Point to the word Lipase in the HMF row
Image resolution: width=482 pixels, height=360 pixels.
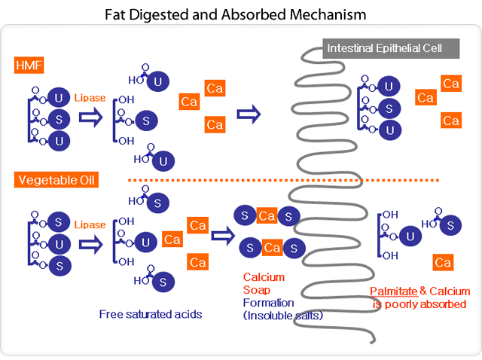click(90, 97)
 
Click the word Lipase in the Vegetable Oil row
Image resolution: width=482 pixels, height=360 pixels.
click(90, 224)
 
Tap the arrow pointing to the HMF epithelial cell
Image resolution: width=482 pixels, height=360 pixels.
click(248, 114)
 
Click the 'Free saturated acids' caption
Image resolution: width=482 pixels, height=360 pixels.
click(151, 314)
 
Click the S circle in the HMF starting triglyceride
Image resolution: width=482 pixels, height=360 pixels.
click(59, 118)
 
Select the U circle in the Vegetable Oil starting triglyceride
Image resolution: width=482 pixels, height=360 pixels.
click(59, 243)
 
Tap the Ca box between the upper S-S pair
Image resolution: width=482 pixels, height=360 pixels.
click(267, 216)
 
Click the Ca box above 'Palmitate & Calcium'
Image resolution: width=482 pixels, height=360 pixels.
click(442, 262)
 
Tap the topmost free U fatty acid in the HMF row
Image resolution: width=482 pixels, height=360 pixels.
click(157, 81)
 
